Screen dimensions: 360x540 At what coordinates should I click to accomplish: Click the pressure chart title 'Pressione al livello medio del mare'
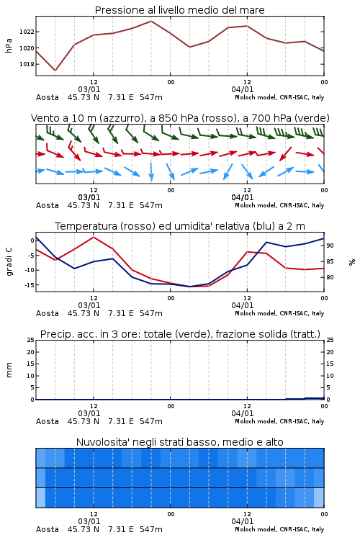[x=179, y=10]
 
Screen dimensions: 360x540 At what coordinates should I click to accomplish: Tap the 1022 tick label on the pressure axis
[x=27, y=32]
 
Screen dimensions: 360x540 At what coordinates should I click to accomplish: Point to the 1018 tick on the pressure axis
[x=27, y=64]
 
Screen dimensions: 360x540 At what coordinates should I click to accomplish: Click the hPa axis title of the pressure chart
[x=9, y=45]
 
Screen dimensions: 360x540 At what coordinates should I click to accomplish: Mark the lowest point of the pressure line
[x=55, y=71]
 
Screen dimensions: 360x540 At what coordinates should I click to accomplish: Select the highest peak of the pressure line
[x=151, y=21]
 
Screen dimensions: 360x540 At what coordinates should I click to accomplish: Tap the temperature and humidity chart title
[x=180, y=226]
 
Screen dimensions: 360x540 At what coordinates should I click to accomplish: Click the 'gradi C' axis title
[x=9, y=261]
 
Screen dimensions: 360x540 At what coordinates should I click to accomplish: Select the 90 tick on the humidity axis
[x=330, y=246]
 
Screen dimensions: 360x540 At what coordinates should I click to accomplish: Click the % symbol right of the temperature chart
[x=352, y=262]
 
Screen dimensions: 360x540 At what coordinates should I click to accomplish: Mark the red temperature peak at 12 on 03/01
[x=94, y=237]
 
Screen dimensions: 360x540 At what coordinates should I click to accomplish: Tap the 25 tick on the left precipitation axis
[x=30, y=340]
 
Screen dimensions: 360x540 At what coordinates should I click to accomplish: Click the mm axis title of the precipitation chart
[x=9, y=370]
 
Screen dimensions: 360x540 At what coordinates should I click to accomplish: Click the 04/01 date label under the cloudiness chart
[x=242, y=521]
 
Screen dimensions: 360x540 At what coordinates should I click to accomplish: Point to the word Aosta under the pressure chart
[x=48, y=97]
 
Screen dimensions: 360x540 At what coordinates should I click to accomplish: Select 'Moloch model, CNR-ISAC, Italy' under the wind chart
[x=279, y=205]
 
